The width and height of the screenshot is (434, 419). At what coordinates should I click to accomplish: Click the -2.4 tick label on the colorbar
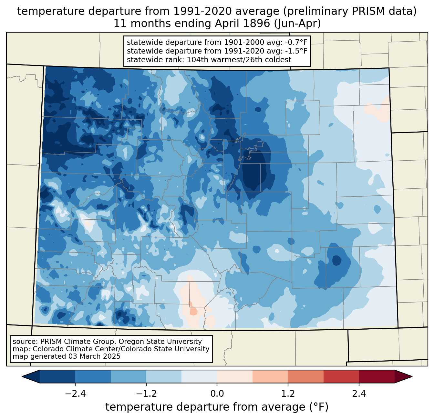point(75,394)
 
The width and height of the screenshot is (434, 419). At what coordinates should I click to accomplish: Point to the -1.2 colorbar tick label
point(146,394)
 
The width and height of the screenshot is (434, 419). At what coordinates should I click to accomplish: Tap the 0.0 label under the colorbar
point(217,394)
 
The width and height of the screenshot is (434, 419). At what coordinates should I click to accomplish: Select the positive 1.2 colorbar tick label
point(288,394)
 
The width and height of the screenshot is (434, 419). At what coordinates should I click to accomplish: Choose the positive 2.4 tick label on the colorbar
point(359,394)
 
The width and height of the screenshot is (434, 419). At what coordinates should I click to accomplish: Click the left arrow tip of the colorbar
point(22,377)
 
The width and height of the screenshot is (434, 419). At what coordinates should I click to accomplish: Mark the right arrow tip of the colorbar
point(412,377)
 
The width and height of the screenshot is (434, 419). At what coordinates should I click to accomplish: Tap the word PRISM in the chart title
point(365,11)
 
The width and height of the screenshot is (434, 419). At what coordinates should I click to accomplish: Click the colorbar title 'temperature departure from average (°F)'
point(217,407)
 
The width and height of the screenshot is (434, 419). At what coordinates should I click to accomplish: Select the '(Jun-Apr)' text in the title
point(297,24)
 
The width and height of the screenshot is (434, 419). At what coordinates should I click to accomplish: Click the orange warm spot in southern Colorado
point(193,311)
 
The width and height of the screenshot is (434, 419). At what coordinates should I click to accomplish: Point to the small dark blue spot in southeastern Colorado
point(337,260)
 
